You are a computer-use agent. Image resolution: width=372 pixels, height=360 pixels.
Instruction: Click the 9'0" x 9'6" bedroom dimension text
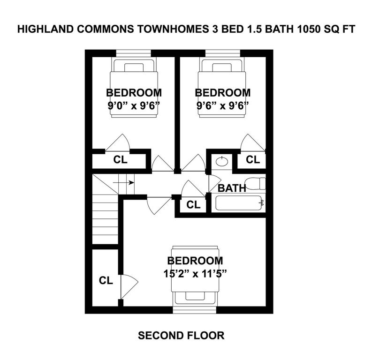point(134,105)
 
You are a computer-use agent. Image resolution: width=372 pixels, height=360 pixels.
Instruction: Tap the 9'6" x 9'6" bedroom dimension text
point(222,105)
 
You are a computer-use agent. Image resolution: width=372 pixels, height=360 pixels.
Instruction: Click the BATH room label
point(232,189)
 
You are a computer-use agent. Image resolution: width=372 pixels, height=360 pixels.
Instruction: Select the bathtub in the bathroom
point(240,203)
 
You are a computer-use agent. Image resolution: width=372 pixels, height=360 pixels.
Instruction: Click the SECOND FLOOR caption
point(181,336)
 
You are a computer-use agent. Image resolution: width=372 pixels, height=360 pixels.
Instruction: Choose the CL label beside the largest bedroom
point(106,281)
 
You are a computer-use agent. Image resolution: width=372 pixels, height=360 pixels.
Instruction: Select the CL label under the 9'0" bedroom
point(120,159)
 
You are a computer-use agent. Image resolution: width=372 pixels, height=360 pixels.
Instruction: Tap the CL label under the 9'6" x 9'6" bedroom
point(253,159)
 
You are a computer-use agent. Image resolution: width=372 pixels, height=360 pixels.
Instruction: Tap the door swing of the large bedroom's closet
point(129,285)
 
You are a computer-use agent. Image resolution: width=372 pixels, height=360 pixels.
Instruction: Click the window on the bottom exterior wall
point(195,310)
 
